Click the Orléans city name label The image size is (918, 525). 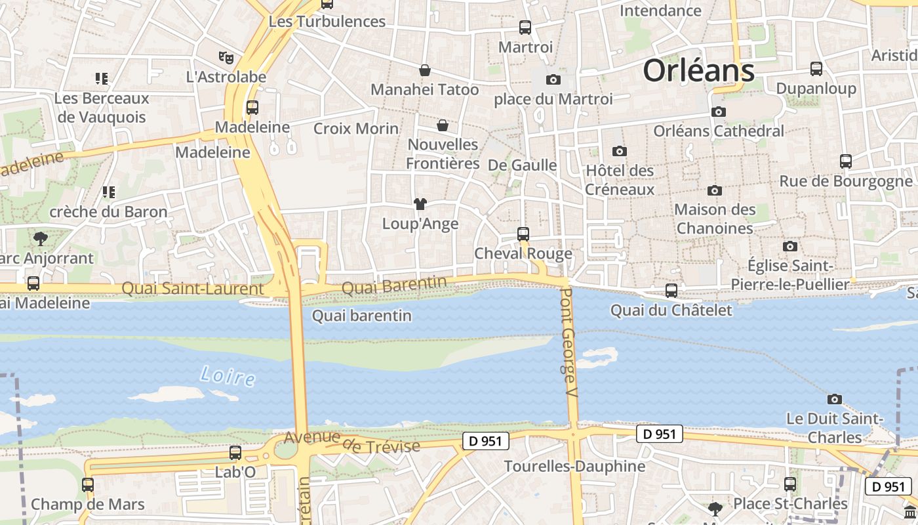coord(698,70)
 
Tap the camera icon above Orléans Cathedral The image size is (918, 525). coord(719,112)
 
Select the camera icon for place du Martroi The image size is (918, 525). coord(553,79)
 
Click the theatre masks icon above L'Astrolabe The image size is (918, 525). coord(226,57)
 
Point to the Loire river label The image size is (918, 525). coord(228,376)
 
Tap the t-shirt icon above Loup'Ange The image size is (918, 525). coord(420,204)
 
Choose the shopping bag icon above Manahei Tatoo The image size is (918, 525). coord(425,70)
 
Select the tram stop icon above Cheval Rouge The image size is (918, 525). coord(523,234)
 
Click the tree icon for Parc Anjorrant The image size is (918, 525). coord(41,238)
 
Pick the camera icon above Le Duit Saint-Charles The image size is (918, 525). coord(834,399)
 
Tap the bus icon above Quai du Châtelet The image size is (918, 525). coord(671,290)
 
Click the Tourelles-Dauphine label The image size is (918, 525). coord(574,467)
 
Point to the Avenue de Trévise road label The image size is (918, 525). coord(352,442)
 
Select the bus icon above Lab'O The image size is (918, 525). coord(235,452)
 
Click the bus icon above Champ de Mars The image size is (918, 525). coord(88,485)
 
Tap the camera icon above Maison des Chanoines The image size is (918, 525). coord(715,190)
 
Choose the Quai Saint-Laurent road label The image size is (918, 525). coord(193,289)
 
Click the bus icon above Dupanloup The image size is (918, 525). coord(816,68)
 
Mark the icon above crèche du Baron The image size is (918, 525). coord(108,192)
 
